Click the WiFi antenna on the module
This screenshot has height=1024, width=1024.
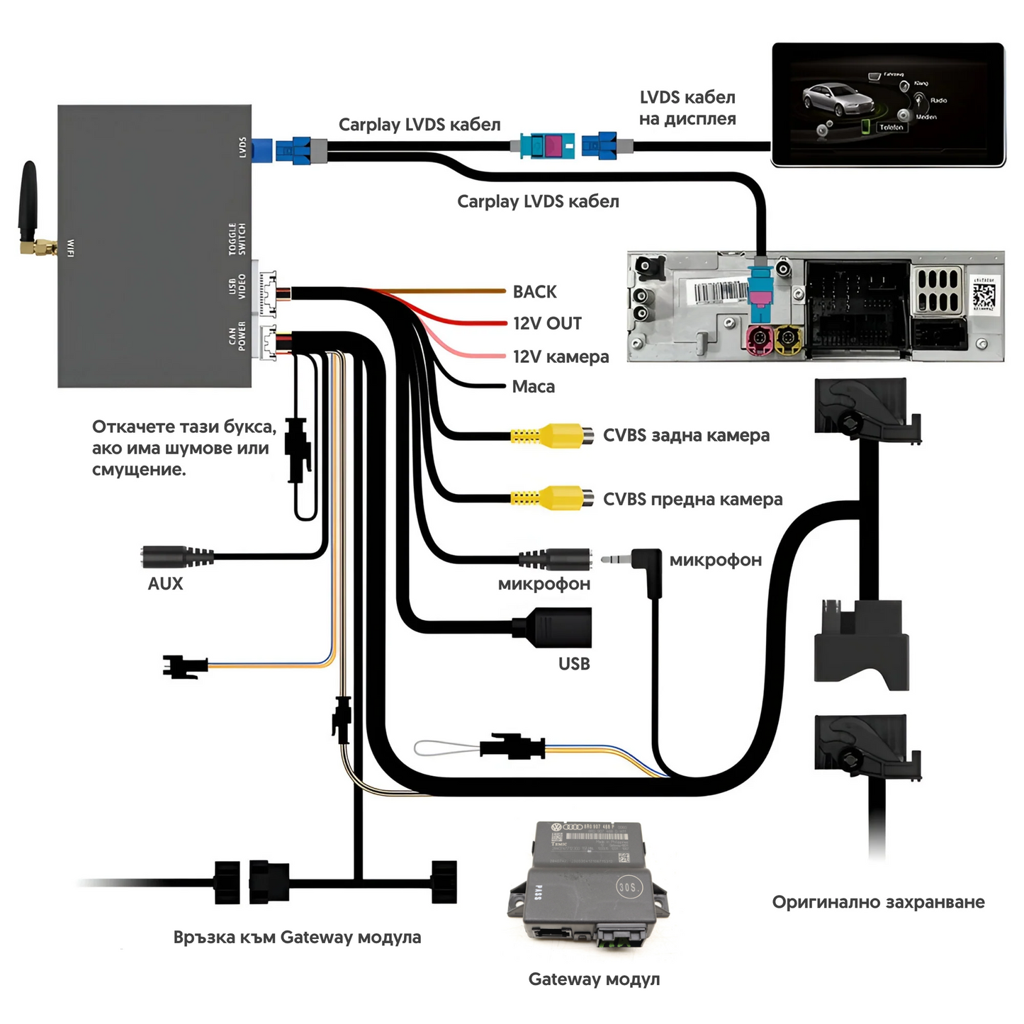click(x=30, y=206)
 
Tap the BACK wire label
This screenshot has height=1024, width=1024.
click(x=534, y=292)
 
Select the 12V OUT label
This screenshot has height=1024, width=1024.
click(x=547, y=324)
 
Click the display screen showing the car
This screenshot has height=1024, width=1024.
click(x=888, y=104)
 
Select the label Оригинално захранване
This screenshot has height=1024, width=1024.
click(x=878, y=902)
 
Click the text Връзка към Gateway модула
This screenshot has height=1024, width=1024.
click(x=297, y=937)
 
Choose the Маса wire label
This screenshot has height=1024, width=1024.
click(x=533, y=387)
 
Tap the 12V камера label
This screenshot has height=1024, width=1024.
click(x=561, y=357)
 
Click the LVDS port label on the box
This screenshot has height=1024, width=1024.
click(x=242, y=147)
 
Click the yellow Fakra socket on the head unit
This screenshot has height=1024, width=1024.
click(x=787, y=341)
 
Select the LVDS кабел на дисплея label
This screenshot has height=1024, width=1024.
click(x=687, y=108)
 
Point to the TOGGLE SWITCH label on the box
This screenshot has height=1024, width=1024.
click(x=237, y=239)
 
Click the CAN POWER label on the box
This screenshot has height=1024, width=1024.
click(x=237, y=336)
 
